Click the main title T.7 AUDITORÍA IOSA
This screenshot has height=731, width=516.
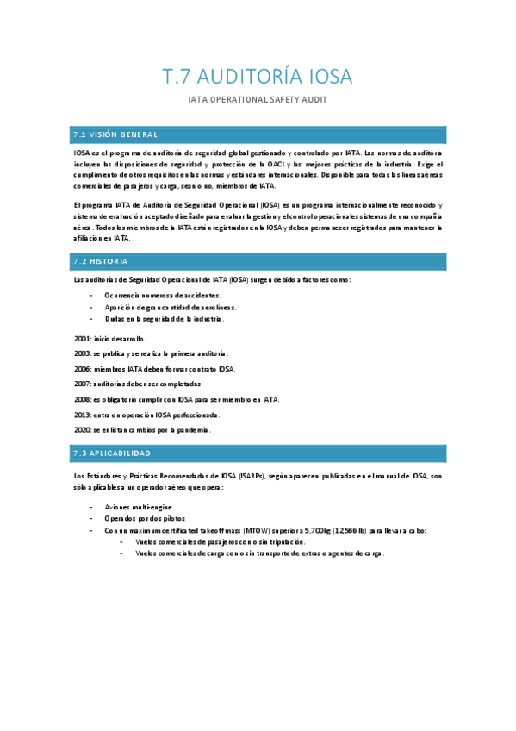(x=258, y=77)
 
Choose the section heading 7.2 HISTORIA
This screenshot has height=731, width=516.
(x=101, y=261)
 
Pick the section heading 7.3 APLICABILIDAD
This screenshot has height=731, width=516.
(x=112, y=453)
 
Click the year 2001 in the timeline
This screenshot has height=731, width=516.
(x=83, y=339)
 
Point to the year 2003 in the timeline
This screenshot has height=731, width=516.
(x=83, y=353)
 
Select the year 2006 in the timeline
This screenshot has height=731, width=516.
(x=83, y=369)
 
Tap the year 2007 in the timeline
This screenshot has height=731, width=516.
(x=83, y=384)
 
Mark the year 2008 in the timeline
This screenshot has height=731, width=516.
(x=83, y=399)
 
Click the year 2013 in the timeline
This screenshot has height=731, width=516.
(x=83, y=415)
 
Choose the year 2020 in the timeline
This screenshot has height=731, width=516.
(x=83, y=429)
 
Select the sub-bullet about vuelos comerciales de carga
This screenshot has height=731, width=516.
(x=258, y=553)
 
